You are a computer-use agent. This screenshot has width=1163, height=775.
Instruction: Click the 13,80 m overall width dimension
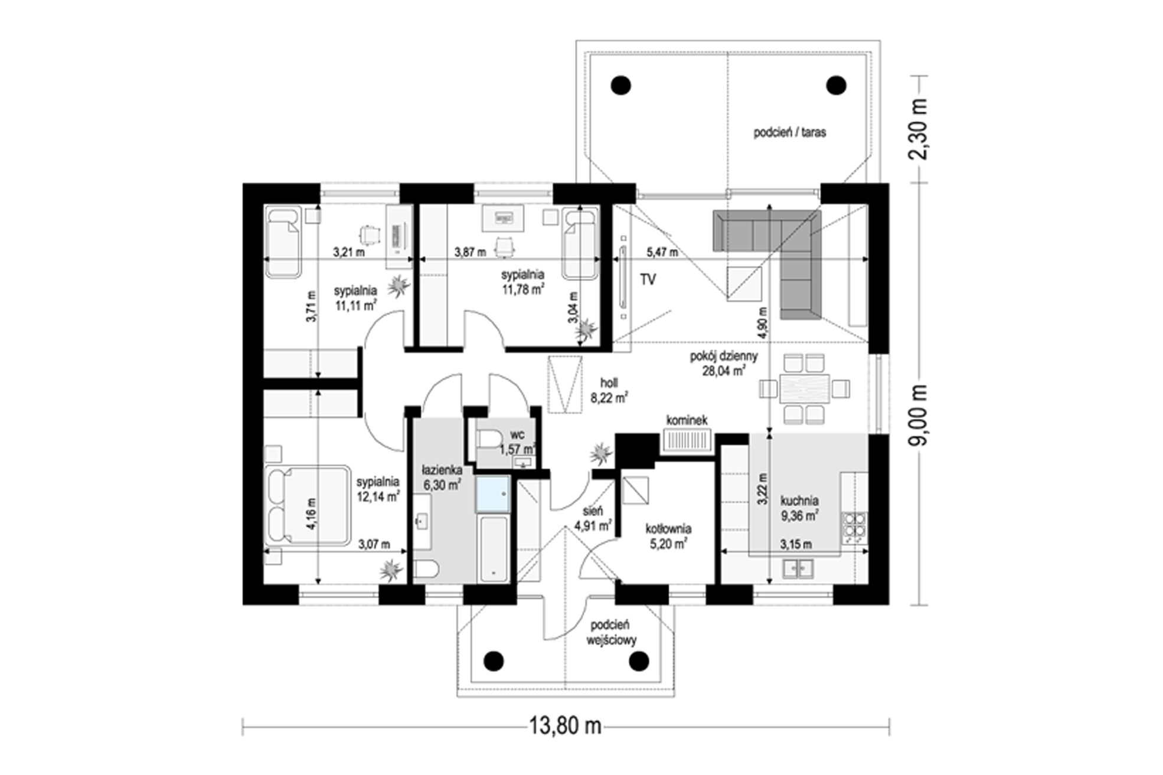564,725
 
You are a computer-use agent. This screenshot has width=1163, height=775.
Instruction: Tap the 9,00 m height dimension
919,416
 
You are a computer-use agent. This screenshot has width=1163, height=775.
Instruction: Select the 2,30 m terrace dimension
919,129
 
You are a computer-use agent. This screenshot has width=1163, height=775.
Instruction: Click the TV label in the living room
648,279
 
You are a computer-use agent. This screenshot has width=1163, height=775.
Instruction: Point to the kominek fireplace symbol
687,440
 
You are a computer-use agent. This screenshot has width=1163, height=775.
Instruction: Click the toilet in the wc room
489,439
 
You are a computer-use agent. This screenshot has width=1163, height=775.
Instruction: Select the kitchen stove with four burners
854,527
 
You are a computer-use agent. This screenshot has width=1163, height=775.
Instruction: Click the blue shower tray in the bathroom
492,494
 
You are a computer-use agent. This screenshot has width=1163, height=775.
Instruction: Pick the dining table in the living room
804,388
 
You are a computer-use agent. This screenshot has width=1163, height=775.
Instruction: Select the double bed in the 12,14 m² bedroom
307,506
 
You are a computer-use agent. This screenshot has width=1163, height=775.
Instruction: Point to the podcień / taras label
789,132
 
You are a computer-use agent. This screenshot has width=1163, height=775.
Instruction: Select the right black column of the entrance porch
639,662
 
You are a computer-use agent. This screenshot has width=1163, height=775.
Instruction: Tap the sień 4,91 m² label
593,518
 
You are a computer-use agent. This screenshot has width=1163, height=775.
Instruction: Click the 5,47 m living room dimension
662,253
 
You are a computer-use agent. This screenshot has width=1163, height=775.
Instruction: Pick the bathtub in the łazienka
494,550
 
